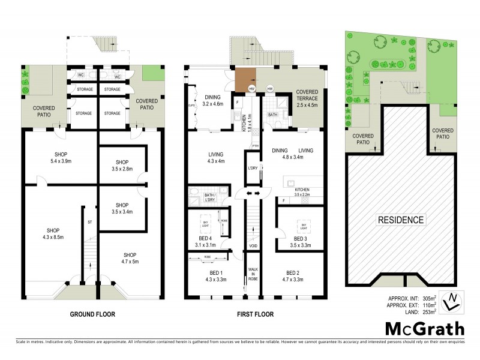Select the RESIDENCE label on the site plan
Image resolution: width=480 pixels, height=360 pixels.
click(x=400, y=220)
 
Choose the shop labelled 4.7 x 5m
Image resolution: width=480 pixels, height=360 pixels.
click(x=127, y=258)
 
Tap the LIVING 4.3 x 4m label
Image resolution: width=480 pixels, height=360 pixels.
click(x=215, y=157)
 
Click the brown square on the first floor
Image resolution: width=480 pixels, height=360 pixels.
click(x=245, y=80)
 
